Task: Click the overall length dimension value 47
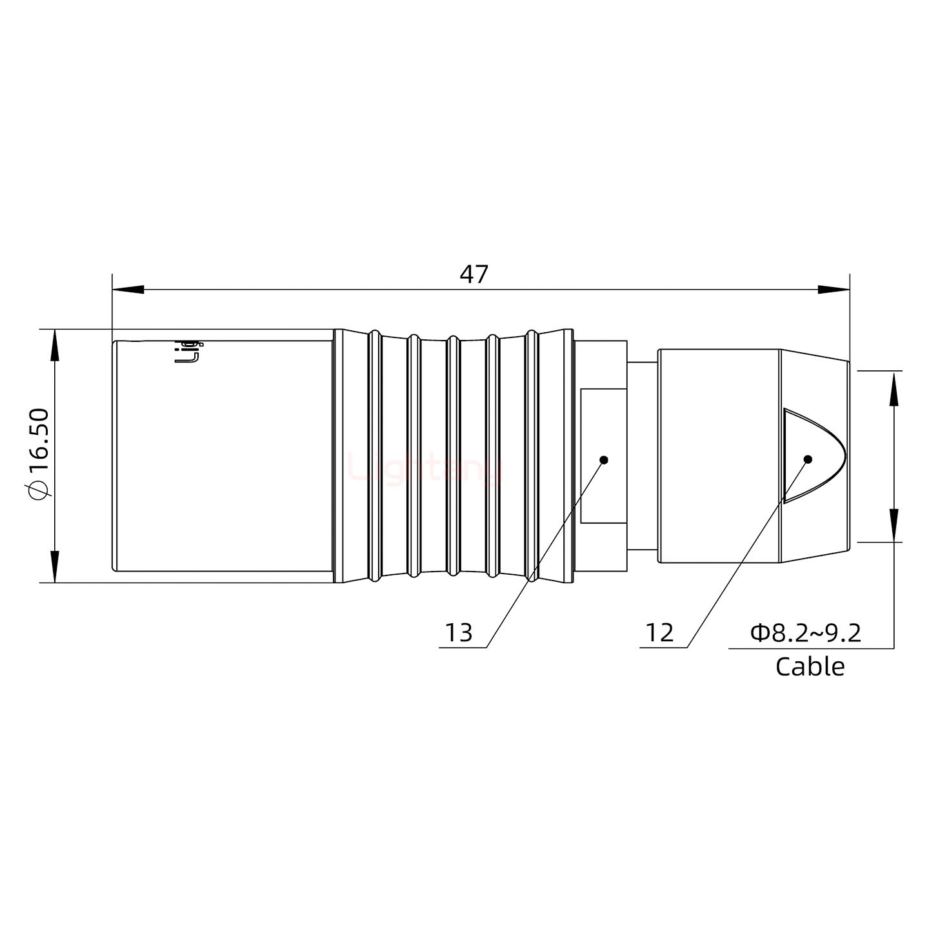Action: point(474,274)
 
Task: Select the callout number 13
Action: point(459,633)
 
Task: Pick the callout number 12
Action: point(659,633)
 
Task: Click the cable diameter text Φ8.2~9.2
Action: point(806,633)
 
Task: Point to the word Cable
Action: point(810,666)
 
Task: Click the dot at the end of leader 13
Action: point(604,459)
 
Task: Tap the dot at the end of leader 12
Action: point(807,459)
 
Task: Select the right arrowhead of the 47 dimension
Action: point(834,290)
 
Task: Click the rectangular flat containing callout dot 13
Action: point(603,455)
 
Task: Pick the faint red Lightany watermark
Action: point(426,467)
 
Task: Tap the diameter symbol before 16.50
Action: point(39,491)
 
